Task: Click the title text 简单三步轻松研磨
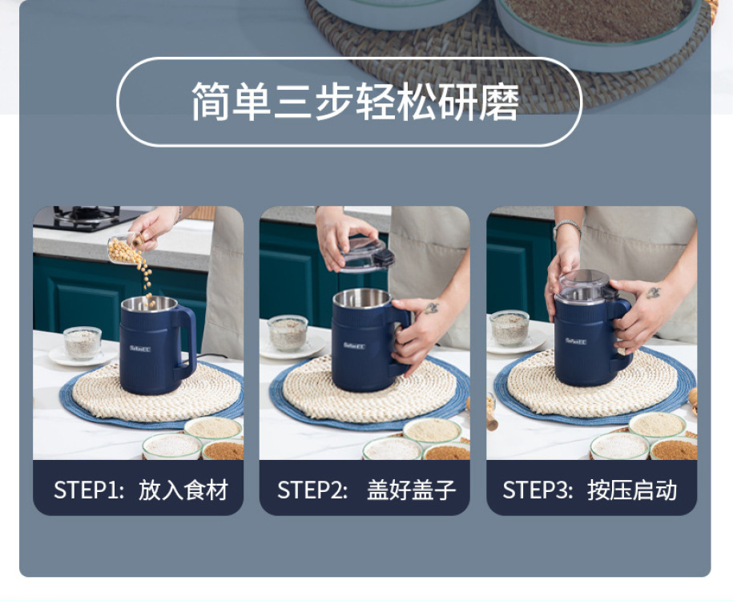(x=355, y=102)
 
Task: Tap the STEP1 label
(x=88, y=490)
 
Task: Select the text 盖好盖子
(x=411, y=490)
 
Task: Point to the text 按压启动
(x=632, y=490)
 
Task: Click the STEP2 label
(x=312, y=490)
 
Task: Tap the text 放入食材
(x=183, y=490)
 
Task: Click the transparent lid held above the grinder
(x=366, y=254)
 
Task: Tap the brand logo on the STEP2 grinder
(x=354, y=345)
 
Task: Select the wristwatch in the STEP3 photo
(x=567, y=228)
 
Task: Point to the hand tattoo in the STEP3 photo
(x=653, y=292)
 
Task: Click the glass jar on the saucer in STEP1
(x=83, y=342)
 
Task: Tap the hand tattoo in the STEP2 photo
(x=431, y=309)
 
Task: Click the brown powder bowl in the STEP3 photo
(x=674, y=449)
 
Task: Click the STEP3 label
(x=537, y=490)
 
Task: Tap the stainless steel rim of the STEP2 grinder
(x=362, y=298)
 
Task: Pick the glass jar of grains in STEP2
(x=288, y=333)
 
